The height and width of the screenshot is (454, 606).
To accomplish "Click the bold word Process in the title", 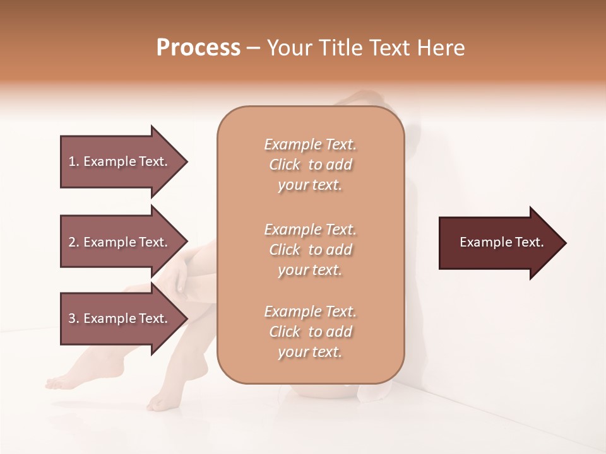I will (x=198, y=48).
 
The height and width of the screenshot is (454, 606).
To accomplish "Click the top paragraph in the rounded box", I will (x=310, y=165).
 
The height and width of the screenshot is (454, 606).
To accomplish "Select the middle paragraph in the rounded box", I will (x=310, y=250).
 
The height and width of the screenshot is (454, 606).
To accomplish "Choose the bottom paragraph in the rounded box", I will (x=310, y=332).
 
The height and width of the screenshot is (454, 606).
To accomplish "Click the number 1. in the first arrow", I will (x=74, y=161).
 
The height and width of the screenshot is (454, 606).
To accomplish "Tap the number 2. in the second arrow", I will (x=74, y=242).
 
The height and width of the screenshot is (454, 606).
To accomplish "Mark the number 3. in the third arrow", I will (x=74, y=318).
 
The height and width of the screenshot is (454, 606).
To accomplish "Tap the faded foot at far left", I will (x=60, y=381).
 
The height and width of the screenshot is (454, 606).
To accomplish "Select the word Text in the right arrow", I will (x=530, y=242).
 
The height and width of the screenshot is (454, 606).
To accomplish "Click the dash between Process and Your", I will (x=254, y=48).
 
